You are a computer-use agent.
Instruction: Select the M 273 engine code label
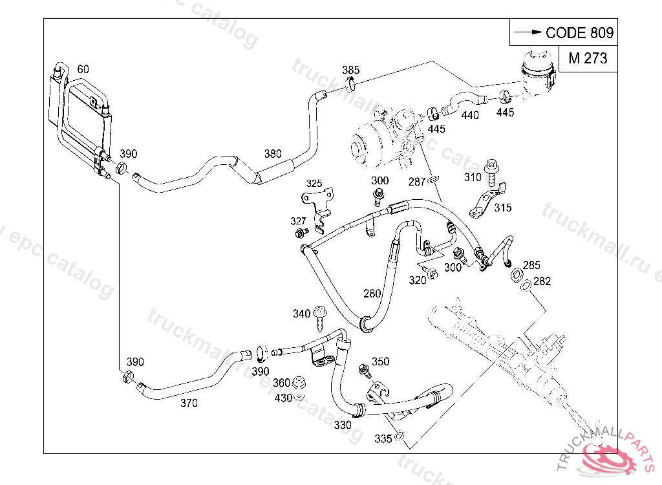pyautogui.click(x=588, y=58)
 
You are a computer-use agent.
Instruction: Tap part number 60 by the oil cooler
pyautogui.click(x=83, y=69)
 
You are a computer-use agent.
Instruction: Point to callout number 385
pyautogui.click(x=351, y=70)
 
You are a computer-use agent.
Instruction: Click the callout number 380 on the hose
pyautogui.click(x=273, y=154)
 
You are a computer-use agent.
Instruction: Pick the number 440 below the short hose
pyautogui.click(x=470, y=115)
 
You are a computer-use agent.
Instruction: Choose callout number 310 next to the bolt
pyautogui.click(x=473, y=177)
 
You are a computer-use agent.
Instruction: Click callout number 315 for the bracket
pyautogui.click(x=502, y=208)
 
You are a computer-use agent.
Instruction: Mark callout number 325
pyautogui.click(x=314, y=183)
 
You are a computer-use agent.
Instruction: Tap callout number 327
pyautogui.click(x=298, y=221)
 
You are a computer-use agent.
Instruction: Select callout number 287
pyautogui.click(x=417, y=182)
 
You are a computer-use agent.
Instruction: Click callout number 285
pyautogui.click(x=531, y=265)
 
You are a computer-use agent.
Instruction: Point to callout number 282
pyautogui.click(x=542, y=281)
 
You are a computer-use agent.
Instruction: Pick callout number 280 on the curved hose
pyautogui.click(x=372, y=294)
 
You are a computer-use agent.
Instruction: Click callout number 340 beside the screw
pyautogui.click(x=301, y=314)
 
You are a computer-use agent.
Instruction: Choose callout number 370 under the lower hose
pyautogui.click(x=189, y=403)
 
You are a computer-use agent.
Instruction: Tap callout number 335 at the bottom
pyautogui.click(x=383, y=439)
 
